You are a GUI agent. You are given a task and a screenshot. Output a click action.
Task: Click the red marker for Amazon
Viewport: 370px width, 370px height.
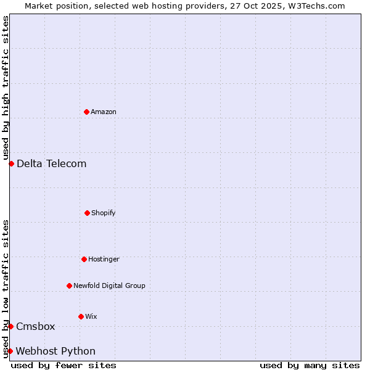coord(86,112)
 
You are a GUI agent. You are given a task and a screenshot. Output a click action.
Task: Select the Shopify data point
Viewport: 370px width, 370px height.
coord(87,213)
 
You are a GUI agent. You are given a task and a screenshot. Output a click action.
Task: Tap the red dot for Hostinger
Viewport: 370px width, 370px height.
coord(84,259)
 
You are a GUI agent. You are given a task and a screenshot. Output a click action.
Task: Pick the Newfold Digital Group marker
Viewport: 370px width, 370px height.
coord(69,286)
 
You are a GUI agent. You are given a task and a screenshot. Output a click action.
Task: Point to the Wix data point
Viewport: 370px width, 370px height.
coord(81,316)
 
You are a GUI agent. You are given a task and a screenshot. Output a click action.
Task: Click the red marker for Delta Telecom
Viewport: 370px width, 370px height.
coord(11,163)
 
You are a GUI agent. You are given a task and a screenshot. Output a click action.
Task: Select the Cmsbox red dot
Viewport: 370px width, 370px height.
coord(10,326)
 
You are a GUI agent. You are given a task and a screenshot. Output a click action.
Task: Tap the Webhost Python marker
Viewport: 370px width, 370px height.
coord(10,351)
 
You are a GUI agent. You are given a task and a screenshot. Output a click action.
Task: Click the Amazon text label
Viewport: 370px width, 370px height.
coord(104,112)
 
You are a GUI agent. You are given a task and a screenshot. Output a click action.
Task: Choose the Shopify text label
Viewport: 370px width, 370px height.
coord(104,213)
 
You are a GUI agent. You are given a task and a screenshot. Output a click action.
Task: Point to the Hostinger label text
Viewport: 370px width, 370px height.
coord(104,259)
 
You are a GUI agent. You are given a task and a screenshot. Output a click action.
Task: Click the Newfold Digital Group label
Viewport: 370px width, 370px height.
coord(109,286)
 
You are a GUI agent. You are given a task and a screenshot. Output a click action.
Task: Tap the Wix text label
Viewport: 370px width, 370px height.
coord(91,316)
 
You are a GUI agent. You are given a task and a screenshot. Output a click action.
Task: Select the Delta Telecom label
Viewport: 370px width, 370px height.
coord(52,163)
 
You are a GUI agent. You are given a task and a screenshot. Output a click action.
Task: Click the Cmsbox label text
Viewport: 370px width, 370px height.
coord(36,326)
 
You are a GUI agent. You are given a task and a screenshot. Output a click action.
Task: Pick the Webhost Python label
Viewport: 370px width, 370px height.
coord(55,351)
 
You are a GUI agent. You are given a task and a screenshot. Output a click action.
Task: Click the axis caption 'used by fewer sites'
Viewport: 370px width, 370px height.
coord(64,365)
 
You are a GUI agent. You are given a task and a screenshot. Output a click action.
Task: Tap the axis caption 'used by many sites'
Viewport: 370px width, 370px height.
coord(310,365)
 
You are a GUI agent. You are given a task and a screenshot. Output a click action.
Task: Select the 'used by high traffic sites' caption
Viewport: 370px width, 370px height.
coord(6,88)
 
